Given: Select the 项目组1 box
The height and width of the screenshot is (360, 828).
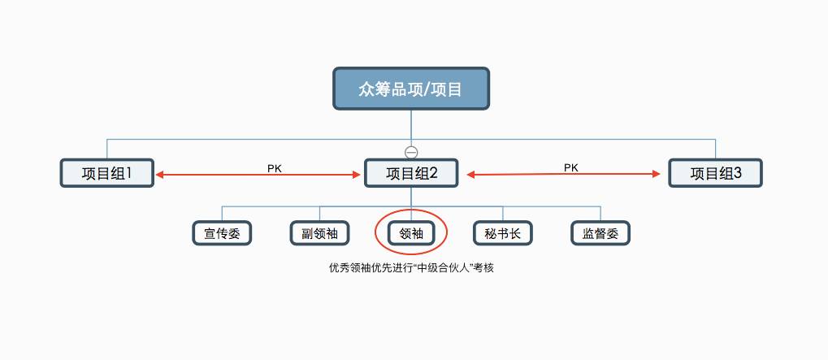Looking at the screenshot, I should [106, 173].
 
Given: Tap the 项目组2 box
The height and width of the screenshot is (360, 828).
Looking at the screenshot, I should [410, 173].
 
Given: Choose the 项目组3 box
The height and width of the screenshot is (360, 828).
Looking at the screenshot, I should [715, 173].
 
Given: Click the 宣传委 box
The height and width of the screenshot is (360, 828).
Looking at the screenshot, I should [222, 234].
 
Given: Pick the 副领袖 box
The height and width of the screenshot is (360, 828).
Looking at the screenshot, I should [319, 234].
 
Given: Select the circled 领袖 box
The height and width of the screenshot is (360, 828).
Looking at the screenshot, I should [410, 234].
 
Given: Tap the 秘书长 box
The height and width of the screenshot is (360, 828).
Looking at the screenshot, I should [502, 234].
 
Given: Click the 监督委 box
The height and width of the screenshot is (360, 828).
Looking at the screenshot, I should [600, 234].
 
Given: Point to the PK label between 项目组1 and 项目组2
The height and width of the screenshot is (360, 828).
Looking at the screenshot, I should [275, 168].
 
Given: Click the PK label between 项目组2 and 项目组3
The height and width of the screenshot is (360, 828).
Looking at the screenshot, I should [571, 167].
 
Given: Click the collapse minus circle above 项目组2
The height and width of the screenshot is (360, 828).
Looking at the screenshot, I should [411, 152].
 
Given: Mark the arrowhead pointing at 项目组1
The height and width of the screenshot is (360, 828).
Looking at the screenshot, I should [161, 174].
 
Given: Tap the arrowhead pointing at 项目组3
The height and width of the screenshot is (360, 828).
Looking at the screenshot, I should [657, 173].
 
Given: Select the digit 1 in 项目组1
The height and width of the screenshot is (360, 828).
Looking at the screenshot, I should [128, 173].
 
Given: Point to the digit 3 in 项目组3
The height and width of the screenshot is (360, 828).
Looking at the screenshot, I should [738, 173].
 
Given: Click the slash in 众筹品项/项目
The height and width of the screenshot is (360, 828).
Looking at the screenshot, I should [427, 89].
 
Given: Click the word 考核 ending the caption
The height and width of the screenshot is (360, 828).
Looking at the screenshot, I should [485, 267].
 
